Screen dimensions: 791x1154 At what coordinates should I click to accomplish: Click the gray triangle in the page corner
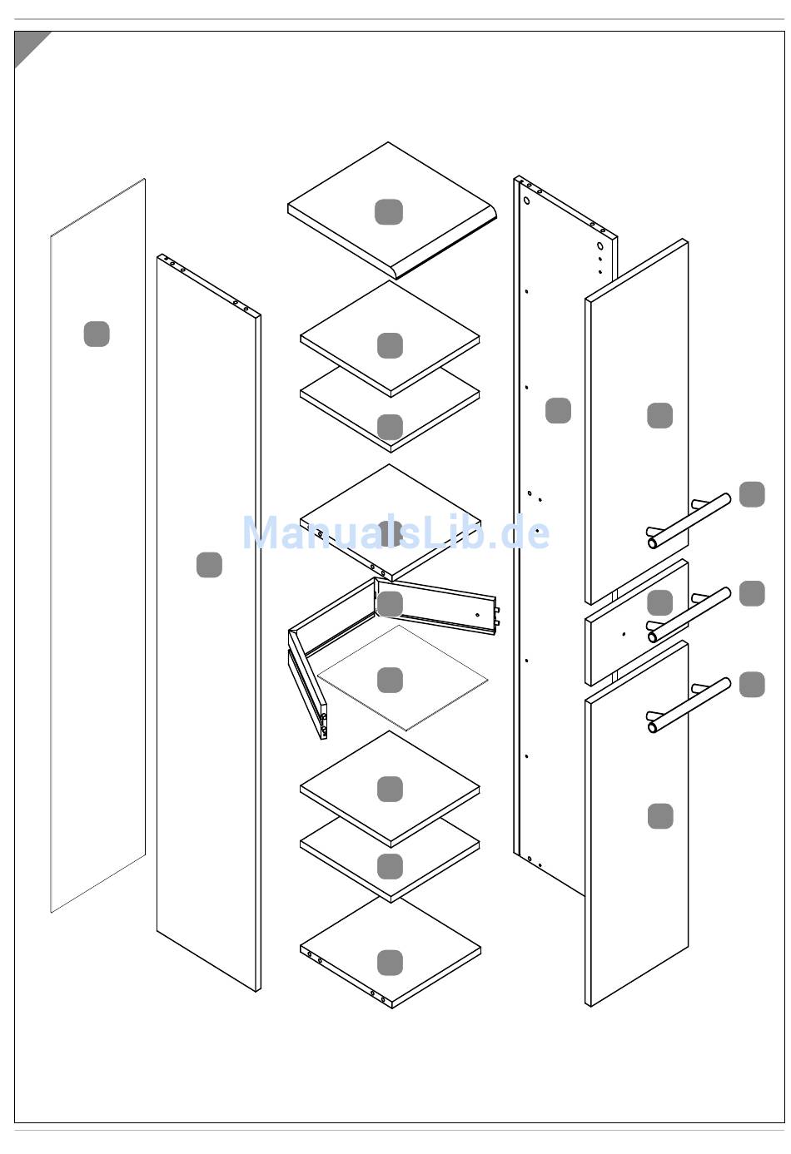tap(27, 43)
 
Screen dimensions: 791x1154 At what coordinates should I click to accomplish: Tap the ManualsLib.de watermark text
tap(395, 532)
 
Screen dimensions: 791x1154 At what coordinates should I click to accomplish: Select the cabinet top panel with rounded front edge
tap(392, 210)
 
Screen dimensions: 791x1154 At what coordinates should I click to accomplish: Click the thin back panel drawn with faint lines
tap(98, 545)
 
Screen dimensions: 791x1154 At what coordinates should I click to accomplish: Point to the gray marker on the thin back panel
tap(97, 334)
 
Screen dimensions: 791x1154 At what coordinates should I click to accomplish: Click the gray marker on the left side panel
tap(209, 565)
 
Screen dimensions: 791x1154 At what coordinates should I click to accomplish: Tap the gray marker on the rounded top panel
tap(388, 211)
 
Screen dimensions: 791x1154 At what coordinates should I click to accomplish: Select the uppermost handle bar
tap(689, 520)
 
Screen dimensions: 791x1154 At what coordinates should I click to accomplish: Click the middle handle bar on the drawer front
tap(689, 615)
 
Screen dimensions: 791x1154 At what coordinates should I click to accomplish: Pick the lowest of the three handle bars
tap(689, 705)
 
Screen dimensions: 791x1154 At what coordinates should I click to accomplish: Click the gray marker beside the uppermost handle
tap(752, 494)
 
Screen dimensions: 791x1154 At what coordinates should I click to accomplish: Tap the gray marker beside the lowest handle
tap(752, 684)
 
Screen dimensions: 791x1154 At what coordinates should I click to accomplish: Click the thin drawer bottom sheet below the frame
tap(402, 678)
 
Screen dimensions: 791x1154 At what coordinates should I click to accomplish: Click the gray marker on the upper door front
tap(659, 415)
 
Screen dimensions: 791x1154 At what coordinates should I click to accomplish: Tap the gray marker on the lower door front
tap(660, 816)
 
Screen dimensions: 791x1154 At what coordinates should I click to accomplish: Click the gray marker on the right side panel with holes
tap(558, 410)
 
